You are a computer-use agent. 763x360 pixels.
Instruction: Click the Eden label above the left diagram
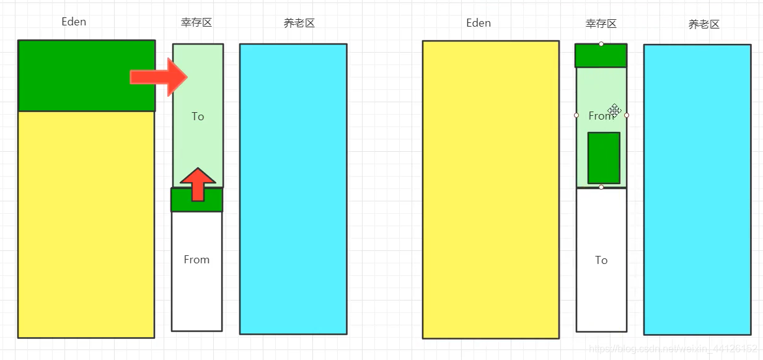click(74, 22)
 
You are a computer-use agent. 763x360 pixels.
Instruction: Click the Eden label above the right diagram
click(479, 23)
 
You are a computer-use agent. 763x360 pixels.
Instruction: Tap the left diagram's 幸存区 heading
click(196, 23)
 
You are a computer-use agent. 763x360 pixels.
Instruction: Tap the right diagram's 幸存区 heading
click(601, 24)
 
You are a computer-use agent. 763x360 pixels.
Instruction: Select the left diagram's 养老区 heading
click(299, 24)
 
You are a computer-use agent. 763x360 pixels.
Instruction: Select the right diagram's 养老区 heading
click(704, 25)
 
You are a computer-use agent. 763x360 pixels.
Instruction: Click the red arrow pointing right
click(158, 77)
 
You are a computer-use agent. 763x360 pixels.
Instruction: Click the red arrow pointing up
click(198, 184)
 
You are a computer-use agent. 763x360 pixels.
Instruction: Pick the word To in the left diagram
click(198, 116)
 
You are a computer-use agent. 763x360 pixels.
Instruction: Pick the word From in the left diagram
click(196, 260)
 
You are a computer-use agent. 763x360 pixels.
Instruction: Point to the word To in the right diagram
click(601, 260)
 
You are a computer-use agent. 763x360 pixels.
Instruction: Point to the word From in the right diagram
click(599, 116)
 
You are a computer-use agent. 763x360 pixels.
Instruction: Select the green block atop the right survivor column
click(601, 56)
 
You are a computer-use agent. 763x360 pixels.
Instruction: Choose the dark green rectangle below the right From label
click(604, 157)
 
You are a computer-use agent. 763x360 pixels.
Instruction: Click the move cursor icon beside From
click(614, 110)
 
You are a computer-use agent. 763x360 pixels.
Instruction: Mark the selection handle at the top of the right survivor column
click(601, 44)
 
